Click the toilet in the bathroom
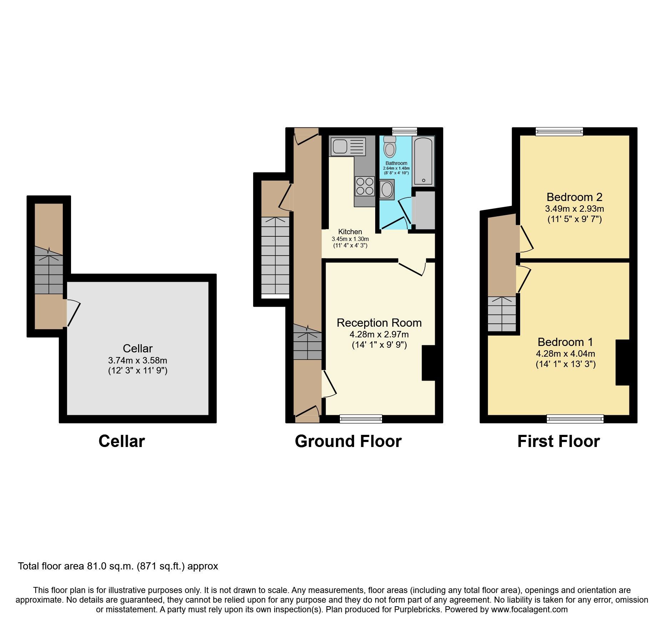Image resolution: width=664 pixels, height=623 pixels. pos(389,147)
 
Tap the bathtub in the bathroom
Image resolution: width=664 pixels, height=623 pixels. pos(423,161)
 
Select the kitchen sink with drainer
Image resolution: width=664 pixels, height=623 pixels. pos(348,146)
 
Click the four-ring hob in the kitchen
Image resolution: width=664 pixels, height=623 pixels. pos(364,186)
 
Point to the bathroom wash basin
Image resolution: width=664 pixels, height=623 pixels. pos(387,190)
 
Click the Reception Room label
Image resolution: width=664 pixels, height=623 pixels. pos(379,323)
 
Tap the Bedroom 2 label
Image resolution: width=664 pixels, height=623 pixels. pos(574,197)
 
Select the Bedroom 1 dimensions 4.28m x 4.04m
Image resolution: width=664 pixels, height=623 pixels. pos(565,354)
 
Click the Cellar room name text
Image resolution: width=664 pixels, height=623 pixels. pos(137,348)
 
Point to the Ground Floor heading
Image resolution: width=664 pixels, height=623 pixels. pos(348,441)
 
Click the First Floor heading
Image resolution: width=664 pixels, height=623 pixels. pos(558,441)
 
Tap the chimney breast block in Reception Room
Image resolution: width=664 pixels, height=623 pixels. pos(428,363)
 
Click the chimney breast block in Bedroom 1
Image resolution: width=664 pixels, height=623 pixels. pos(622,362)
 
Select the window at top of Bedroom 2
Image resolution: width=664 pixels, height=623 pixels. pos(559,132)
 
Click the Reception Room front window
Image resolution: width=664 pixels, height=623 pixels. pos(361,419)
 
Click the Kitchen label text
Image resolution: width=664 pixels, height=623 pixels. pos(350,232)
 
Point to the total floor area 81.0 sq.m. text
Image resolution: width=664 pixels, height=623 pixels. pos(118,566)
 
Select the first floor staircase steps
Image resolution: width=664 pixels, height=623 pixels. pos(502,314)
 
